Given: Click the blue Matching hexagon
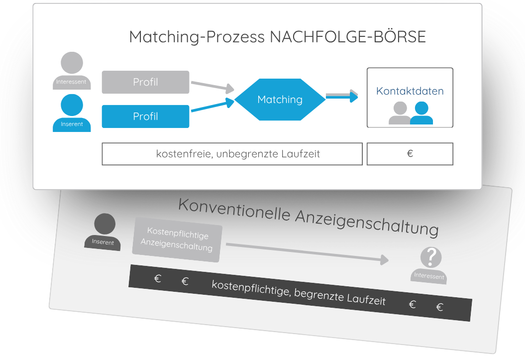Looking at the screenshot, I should coord(280,100).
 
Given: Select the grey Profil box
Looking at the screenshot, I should coord(145,82).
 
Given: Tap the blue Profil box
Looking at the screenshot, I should coord(145,117).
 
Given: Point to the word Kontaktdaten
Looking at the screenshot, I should coord(410,91).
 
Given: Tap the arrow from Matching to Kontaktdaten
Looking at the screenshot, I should coord(342,96).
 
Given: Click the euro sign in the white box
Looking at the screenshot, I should coord(410,154).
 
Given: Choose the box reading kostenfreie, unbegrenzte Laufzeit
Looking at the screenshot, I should coord(232,154).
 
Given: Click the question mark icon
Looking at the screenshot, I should coord(431,257).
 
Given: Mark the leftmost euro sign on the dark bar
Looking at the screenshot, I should coord(158,279).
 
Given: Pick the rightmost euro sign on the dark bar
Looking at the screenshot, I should coord(439,307).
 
